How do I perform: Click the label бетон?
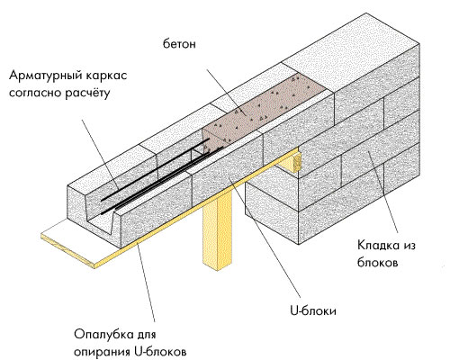[x=179, y=44]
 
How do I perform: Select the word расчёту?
[x=87, y=93]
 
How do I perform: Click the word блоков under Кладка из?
[x=377, y=263]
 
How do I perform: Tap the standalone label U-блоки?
[x=313, y=310]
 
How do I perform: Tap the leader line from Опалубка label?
[x=146, y=283]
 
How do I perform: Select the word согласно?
[x=35, y=93]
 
